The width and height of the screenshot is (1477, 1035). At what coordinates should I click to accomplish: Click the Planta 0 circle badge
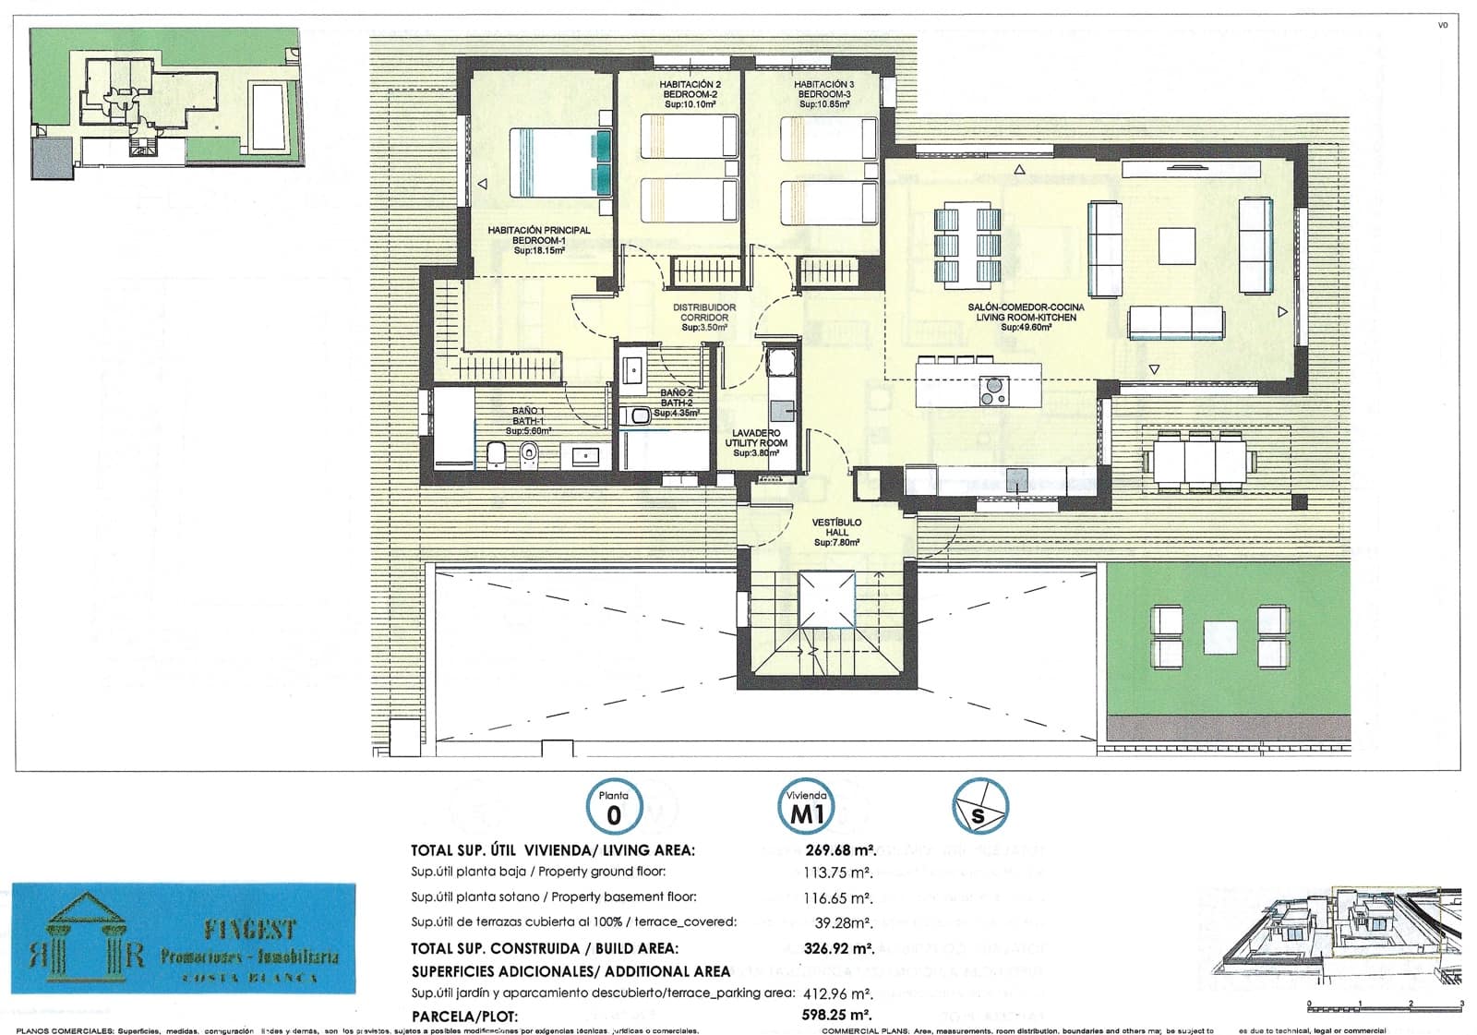(x=614, y=807)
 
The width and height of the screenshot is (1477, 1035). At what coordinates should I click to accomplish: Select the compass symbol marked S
(x=980, y=807)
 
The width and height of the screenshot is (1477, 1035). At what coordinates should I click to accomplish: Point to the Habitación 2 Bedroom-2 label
(x=690, y=94)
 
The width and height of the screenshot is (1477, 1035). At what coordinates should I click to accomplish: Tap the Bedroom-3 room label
(x=823, y=94)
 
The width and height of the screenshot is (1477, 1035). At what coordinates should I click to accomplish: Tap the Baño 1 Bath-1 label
(x=529, y=421)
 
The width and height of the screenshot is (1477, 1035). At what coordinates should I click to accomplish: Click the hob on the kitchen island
(x=993, y=392)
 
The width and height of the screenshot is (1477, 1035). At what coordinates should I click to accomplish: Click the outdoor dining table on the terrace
(x=1199, y=459)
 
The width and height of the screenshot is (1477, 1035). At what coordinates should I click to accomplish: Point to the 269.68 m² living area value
(x=839, y=850)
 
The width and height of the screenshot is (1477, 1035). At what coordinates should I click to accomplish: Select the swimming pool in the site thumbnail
(x=268, y=115)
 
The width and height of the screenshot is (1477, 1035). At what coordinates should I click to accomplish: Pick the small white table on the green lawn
(x=1219, y=637)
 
